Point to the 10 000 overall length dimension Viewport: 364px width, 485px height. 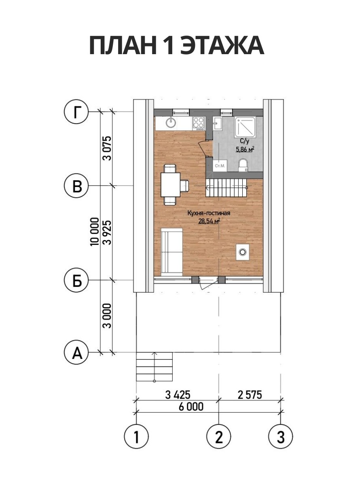(95, 232)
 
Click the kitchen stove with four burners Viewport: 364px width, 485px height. (199, 124)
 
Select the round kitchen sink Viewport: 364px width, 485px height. (171, 122)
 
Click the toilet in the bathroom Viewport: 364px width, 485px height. (243, 164)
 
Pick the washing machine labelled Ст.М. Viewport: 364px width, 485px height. (220, 165)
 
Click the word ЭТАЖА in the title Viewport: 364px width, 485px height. (222, 46)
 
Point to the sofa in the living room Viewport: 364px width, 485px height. (172, 252)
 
